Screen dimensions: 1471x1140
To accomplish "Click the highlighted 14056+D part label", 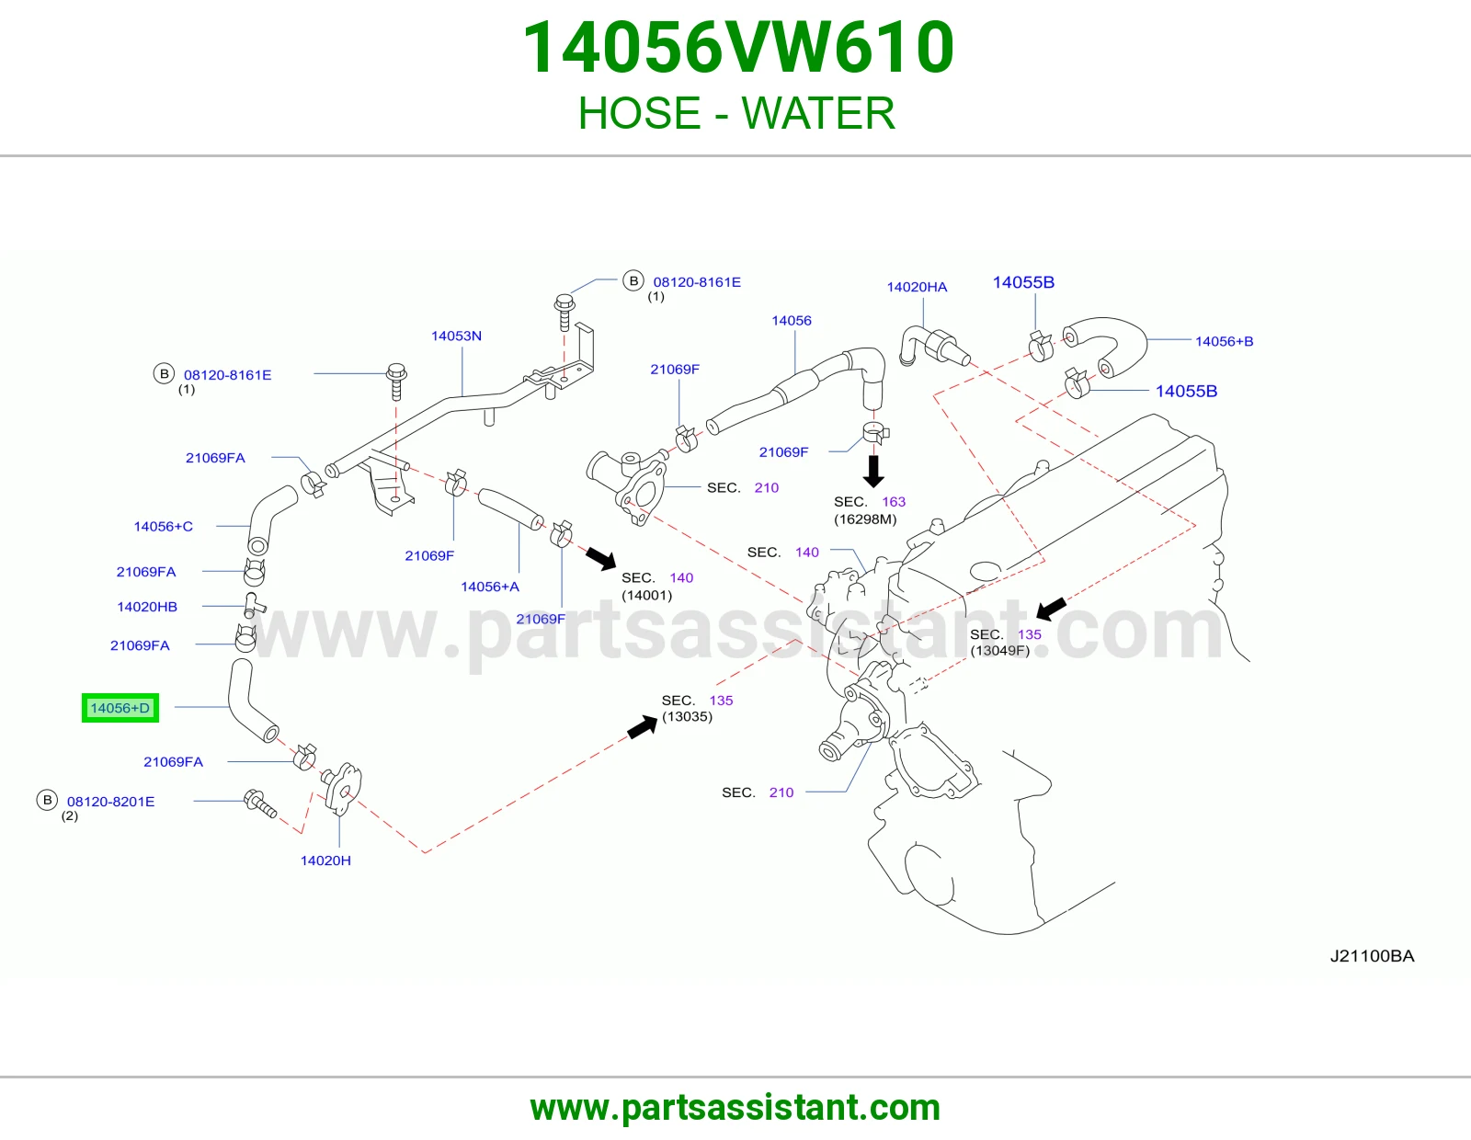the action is tap(120, 708).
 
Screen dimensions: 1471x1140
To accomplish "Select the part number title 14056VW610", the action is tap(738, 48).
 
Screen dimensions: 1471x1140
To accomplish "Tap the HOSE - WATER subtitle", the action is tap(736, 113).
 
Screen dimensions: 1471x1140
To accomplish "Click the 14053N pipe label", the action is tap(456, 336).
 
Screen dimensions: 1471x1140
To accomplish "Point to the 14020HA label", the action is tap(917, 287).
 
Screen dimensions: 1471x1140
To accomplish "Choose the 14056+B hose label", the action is tap(1224, 341).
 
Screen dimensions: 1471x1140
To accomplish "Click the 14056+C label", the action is tap(163, 526).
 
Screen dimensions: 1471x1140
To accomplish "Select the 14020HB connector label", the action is tap(147, 607).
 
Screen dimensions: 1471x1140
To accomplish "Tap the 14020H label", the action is tap(325, 861).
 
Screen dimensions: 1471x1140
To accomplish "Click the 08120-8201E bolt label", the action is tap(110, 802).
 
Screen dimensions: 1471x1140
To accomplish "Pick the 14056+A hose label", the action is tap(490, 587).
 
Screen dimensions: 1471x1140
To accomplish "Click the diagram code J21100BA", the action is tap(1372, 956).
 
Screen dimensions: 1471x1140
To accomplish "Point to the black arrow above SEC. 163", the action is tap(873, 471).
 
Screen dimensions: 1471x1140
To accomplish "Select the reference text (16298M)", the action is tap(865, 519).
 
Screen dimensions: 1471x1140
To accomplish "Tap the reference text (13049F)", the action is tap(1000, 651).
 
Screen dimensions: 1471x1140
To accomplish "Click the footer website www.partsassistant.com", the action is tap(735, 1108).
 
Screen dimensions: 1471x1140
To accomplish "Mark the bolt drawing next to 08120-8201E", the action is tap(260, 804).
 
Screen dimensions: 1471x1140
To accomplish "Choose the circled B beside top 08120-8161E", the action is tap(633, 280).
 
